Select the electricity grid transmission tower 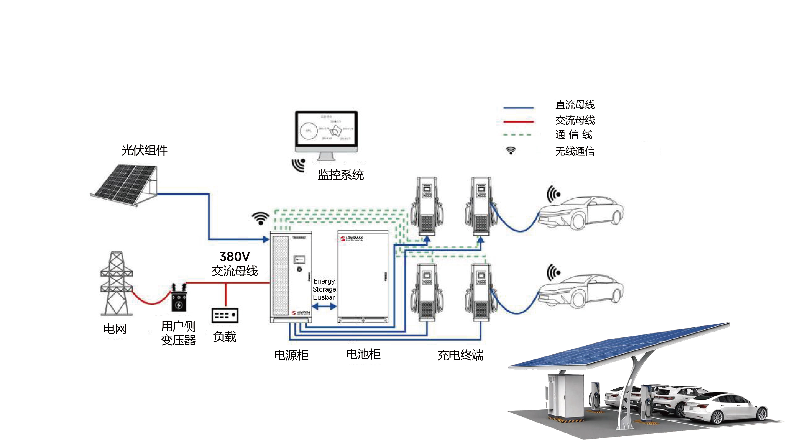point(116,283)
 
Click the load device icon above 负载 point(225,315)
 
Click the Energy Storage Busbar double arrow point(324,306)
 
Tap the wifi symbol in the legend point(511,150)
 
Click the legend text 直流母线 point(575,105)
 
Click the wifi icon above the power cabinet point(260,218)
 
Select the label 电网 point(115,329)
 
